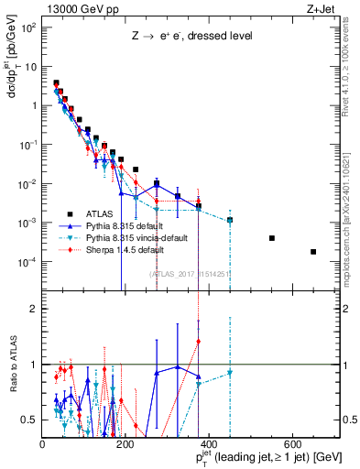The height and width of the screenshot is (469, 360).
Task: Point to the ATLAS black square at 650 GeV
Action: tap(313, 252)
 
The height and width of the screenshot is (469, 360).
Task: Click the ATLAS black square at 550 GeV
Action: tap(271, 238)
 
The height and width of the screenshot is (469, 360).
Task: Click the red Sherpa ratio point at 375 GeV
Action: tap(199, 341)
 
